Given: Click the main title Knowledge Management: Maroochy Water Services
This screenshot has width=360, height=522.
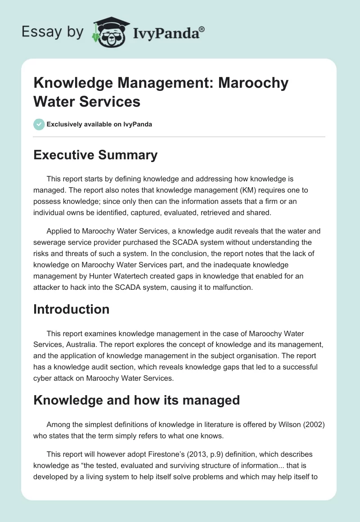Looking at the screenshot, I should (161, 92).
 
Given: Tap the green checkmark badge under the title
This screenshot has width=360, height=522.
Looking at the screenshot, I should (39, 124).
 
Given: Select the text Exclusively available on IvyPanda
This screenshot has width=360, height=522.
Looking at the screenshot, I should (99, 124).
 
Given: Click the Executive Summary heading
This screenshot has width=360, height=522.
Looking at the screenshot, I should (95, 155).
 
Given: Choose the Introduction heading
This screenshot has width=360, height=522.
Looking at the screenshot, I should (72, 309).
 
